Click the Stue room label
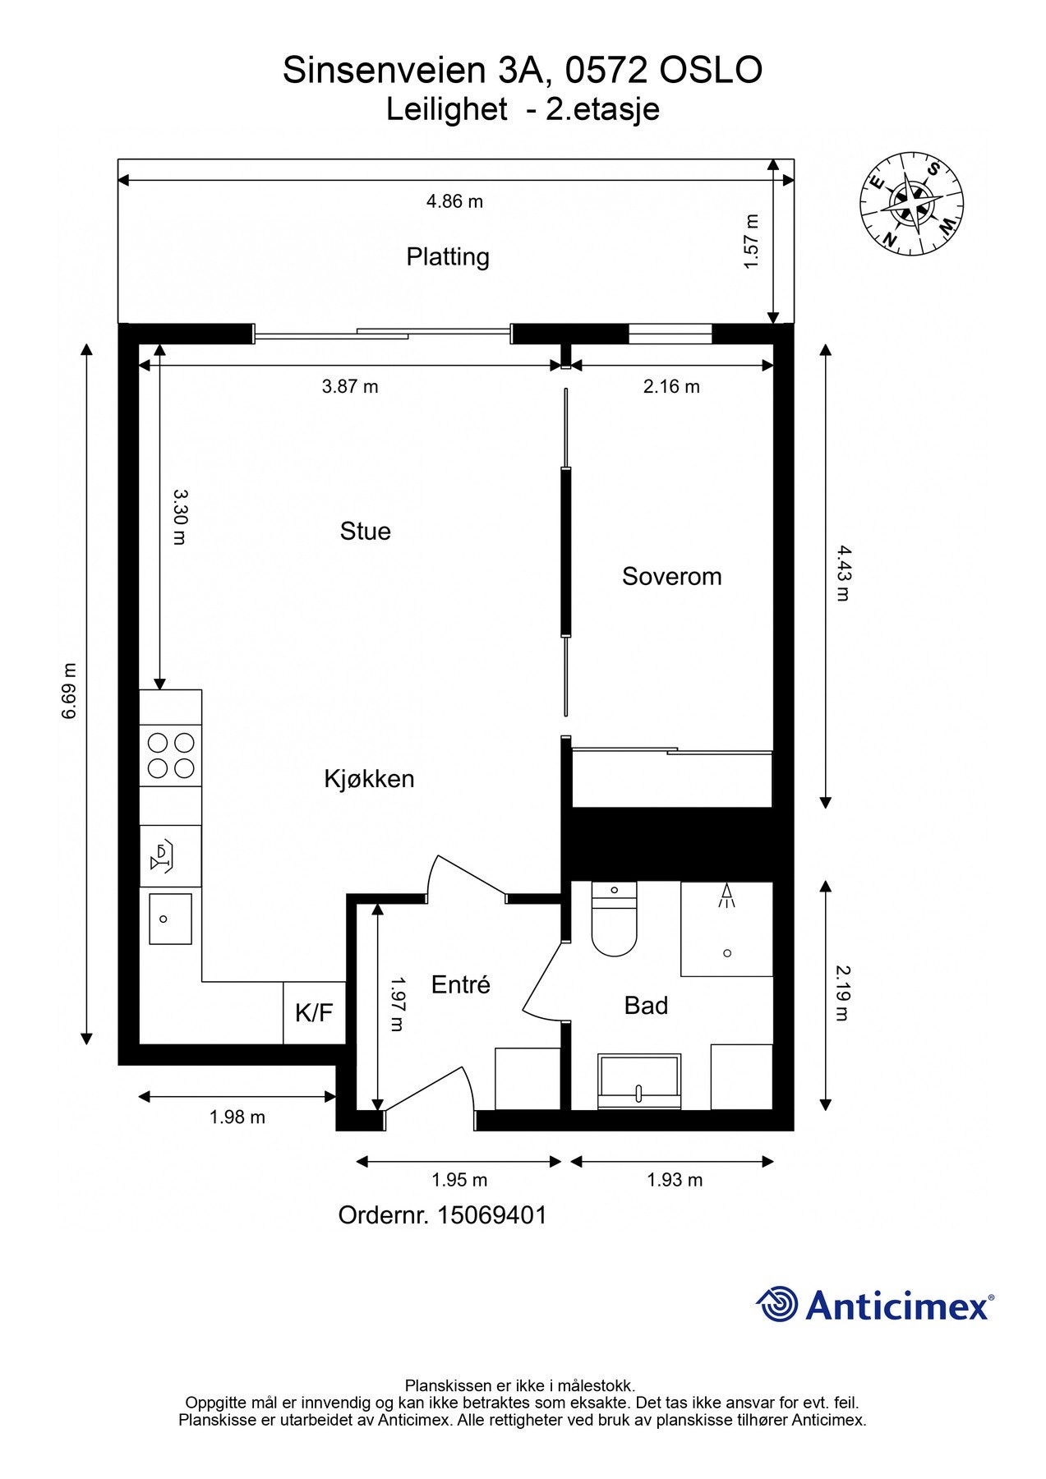point(365,531)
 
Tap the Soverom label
point(671,576)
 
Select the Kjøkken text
point(369,778)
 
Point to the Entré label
point(460,984)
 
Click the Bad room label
point(646,1005)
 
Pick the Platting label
point(448,257)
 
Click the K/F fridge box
point(314,1012)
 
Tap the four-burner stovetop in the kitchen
point(171,756)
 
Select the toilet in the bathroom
point(614,919)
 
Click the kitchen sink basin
point(170,919)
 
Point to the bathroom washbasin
point(640,1081)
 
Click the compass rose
point(912,203)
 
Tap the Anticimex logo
point(875,1304)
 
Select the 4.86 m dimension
point(454,201)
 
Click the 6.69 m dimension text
point(69,690)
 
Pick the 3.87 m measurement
point(350,386)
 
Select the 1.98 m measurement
point(237,1117)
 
